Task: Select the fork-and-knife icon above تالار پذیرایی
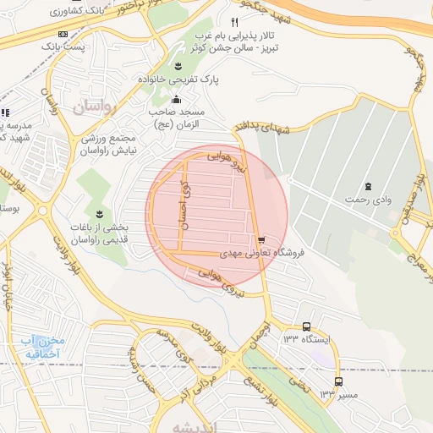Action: click(234, 21)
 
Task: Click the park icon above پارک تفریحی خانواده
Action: click(178, 65)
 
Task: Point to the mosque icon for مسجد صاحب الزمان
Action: click(176, 101)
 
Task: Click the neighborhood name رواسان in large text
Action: click(91, 107)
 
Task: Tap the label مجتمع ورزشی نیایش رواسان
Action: click(109, 144)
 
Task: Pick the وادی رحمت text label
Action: click(367, 201)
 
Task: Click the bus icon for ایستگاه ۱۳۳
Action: click(306, 326)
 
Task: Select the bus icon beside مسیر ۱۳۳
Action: click(338, 381)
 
